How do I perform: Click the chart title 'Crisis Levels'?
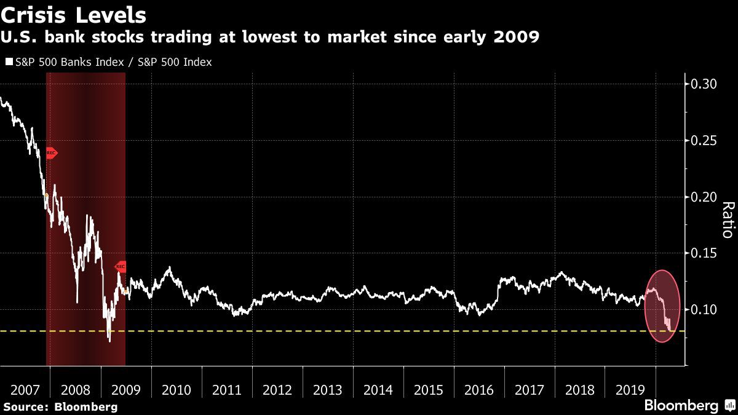74,14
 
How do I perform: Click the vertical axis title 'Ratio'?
726,219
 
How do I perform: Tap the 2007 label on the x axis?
25,390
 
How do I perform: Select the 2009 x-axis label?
125,390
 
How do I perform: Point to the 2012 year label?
277,390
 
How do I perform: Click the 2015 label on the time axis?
428,390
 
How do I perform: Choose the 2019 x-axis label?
630,390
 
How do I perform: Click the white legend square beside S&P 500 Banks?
9,63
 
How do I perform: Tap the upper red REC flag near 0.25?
52,152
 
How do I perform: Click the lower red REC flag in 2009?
121,266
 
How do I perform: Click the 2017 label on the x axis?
529,390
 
